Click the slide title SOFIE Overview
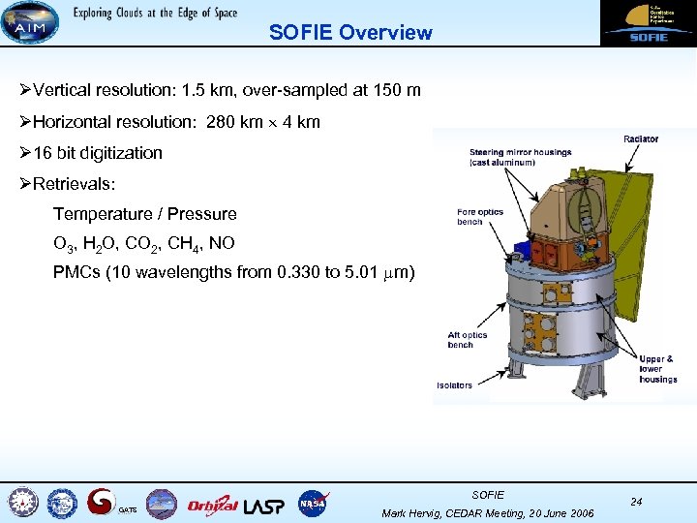[350, 32]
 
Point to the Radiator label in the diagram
[641, 139]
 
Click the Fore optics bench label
[480, 217]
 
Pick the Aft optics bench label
[467, 340]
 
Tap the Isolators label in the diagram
[454, 385]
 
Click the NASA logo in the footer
[313, 504]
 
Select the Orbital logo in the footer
[212, 504]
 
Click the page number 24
[636, 502]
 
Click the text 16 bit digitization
[97, 153]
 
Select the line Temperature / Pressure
[144, 214]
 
